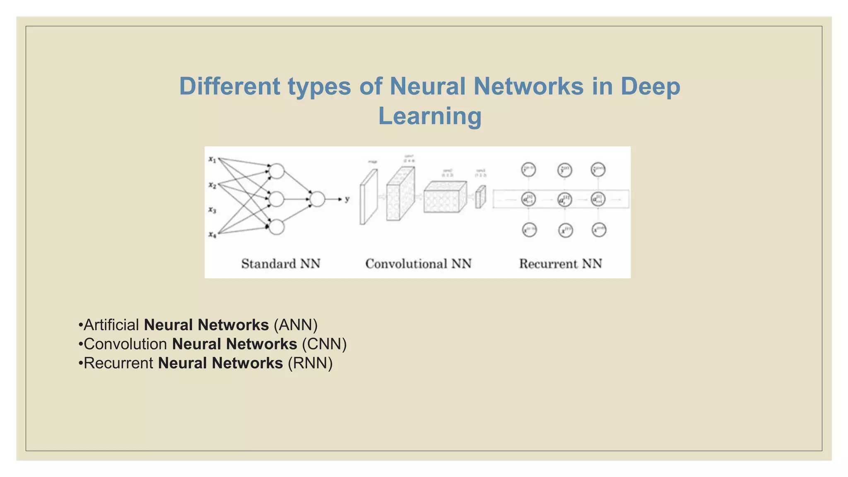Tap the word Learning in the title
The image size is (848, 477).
(x=430, y=116)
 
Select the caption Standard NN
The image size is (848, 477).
(x=281, y=264)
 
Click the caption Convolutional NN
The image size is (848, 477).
(x=418, y=264)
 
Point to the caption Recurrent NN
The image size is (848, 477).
(x=560, y=264)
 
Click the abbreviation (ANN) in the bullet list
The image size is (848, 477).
(x=296, y=325)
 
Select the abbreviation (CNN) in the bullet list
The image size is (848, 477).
(x=324, y=344)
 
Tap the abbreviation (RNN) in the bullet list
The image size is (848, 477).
(x=310, y=363)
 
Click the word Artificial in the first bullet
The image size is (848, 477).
(x=111, y=325)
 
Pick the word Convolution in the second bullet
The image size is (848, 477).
(x=125, y=344)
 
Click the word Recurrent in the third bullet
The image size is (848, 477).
(x=118, y=363)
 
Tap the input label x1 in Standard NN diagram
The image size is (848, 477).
(x=212, y=159)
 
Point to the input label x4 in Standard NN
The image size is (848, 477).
(x=212, y=235)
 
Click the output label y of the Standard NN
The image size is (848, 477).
(x=347, y=199)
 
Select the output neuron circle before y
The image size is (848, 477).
(x=317, y=199)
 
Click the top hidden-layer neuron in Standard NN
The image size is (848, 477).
(x=277, y=171)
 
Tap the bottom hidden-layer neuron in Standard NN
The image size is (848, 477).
(x=277, y=227)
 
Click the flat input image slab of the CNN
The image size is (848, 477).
(x=369, y=197)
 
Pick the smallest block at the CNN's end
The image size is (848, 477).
(x=480, y=197)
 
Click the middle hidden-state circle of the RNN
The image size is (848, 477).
(x=564, y=200)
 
